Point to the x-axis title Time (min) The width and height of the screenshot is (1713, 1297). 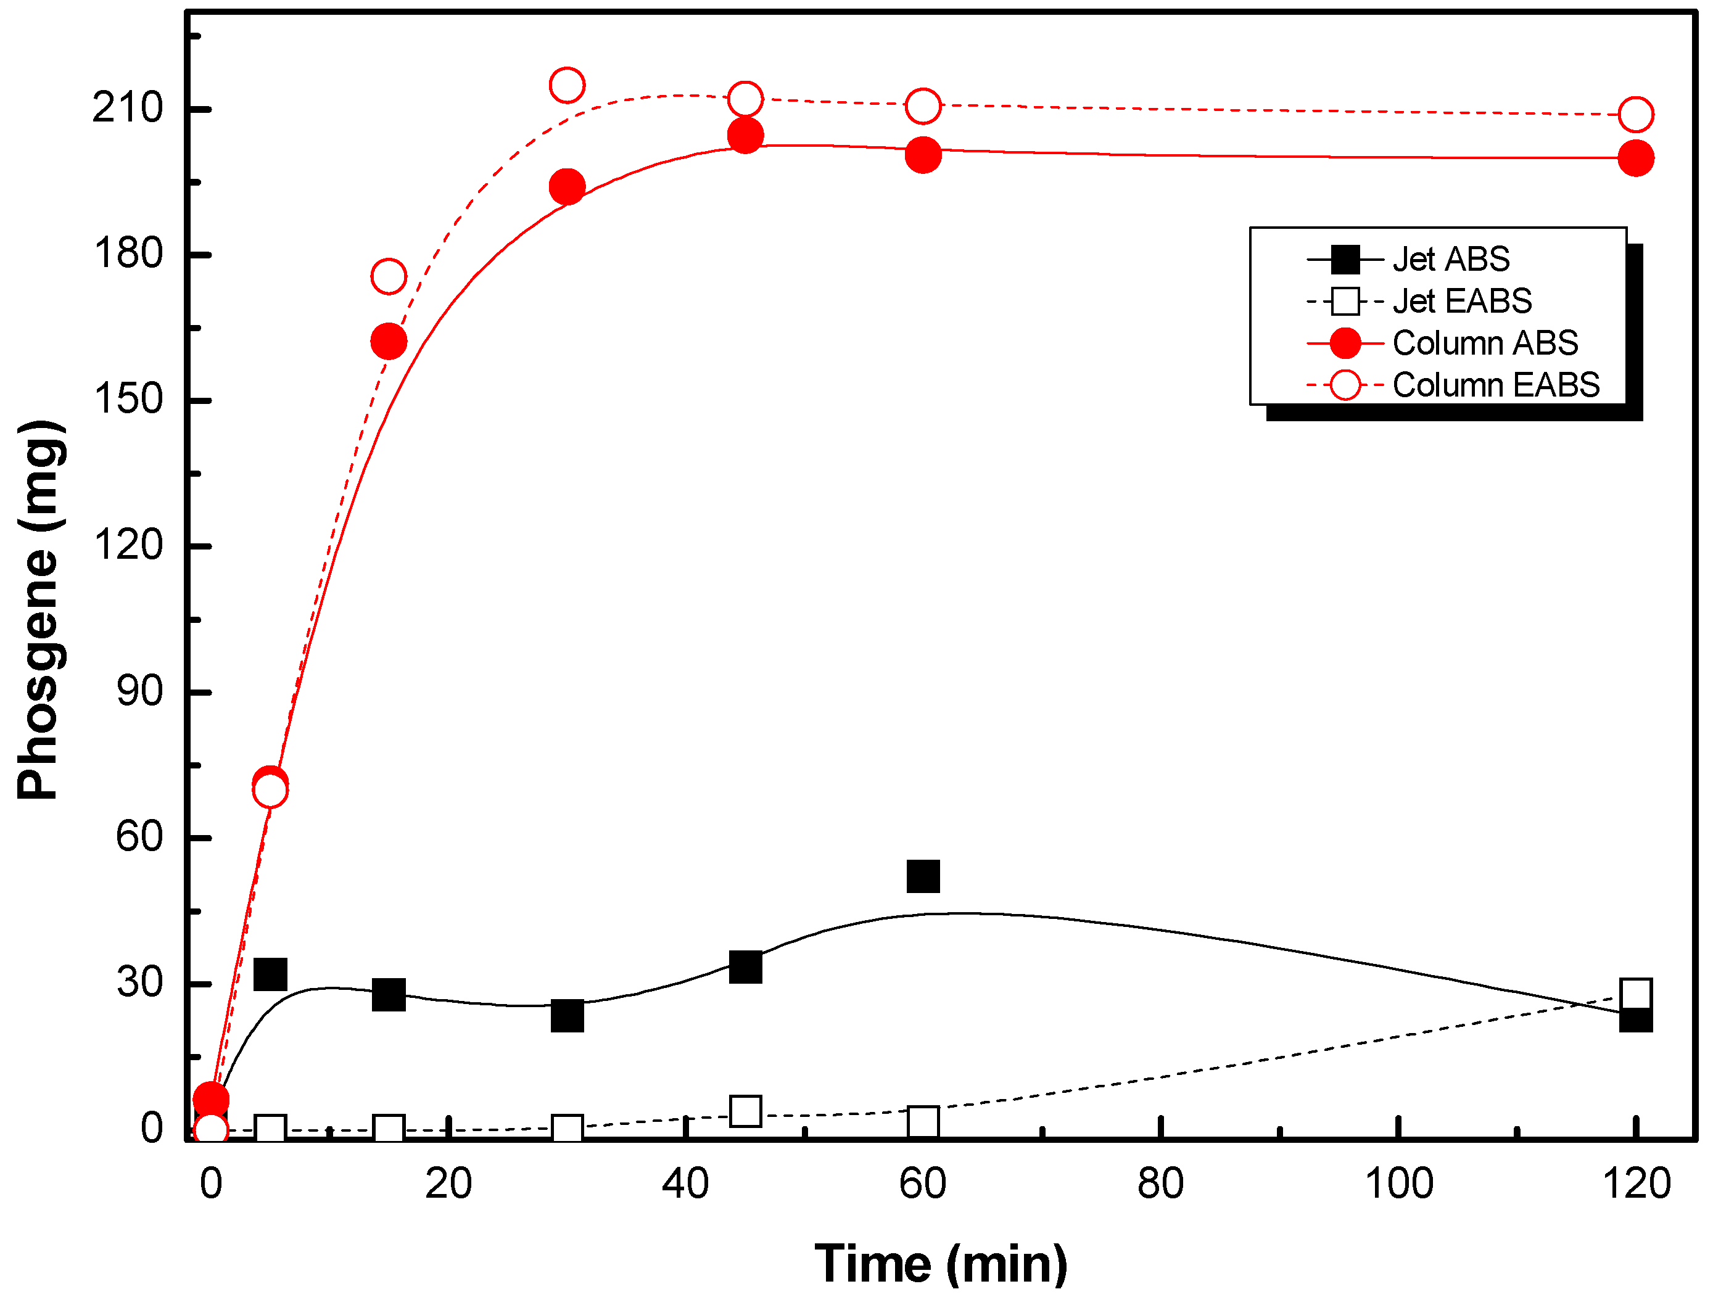(941, 1264)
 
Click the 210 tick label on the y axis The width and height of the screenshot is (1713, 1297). (128, 108)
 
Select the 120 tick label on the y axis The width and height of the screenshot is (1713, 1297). (128, 545)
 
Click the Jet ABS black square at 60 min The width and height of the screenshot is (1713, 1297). (923, 876)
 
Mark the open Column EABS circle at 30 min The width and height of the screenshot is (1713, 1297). (567, 85)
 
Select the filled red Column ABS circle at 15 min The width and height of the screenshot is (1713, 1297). (389, 342)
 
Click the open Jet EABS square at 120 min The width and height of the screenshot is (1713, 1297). (1635, 994)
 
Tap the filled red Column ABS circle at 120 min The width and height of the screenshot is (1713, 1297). (1635, 159)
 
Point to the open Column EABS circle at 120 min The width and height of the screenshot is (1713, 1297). (1635, 115)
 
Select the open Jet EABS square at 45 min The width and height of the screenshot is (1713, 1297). (745, 1112)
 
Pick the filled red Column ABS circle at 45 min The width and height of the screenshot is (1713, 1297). (745, 136)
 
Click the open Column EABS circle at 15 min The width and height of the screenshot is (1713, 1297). (389, 276)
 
